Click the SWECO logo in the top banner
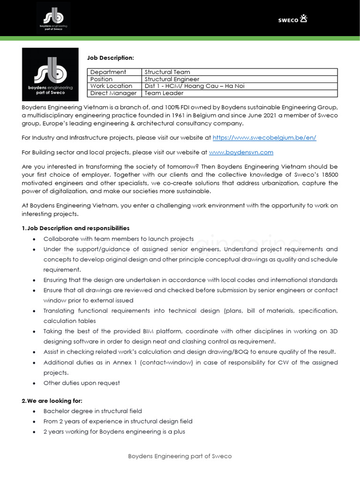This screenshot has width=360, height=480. click(x=292, y=19)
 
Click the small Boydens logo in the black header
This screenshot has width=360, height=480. click(x=53, y=18)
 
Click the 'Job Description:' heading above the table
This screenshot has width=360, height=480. click(x=111, y=58)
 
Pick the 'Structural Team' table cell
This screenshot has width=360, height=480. click(x=167, y=72)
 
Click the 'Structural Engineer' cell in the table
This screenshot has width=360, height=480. click(x=172, y=79)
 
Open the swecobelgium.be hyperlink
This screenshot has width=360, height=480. click(x=264, y=138)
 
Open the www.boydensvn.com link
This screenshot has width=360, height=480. click(x=241, y=152)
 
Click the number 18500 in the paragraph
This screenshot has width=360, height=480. click(x=329, y=175)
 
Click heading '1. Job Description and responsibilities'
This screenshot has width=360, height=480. click(x=76, y=228)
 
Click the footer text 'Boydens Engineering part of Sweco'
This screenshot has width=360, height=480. click(x=180, y=456)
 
